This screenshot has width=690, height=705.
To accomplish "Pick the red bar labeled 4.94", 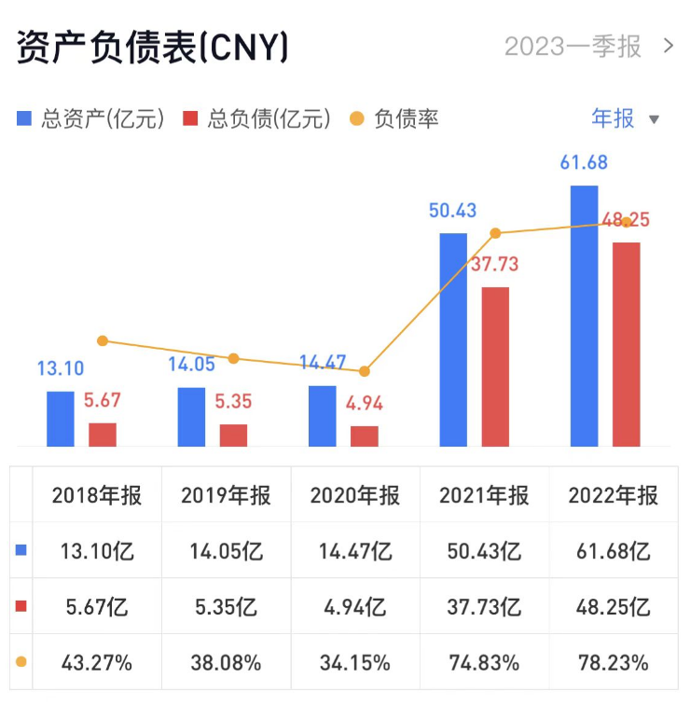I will [365, 435].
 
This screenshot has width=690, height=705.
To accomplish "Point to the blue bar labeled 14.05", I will [192, 416].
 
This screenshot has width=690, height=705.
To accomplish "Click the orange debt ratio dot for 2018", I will [103, 340].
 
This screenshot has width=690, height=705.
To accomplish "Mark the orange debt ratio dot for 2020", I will [365, 371].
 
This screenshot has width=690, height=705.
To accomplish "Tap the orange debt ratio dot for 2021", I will [495, 233].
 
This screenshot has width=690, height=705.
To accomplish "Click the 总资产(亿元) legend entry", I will [91, 119].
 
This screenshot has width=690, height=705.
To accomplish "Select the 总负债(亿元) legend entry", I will [257, 119].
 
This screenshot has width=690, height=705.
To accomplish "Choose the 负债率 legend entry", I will [394, 119].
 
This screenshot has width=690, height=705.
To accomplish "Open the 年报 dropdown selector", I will [626, 118].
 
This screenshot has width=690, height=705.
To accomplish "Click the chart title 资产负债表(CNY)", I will [152, 47].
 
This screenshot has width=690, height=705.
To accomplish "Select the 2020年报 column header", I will [355, 495].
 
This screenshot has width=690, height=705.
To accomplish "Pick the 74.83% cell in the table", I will [484, 663].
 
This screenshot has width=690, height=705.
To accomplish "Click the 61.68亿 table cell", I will [614, 551].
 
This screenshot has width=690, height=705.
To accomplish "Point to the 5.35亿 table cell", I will [226, 607].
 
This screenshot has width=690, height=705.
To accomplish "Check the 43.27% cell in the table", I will [97, 663].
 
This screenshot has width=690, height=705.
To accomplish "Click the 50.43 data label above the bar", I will [453, 210].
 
